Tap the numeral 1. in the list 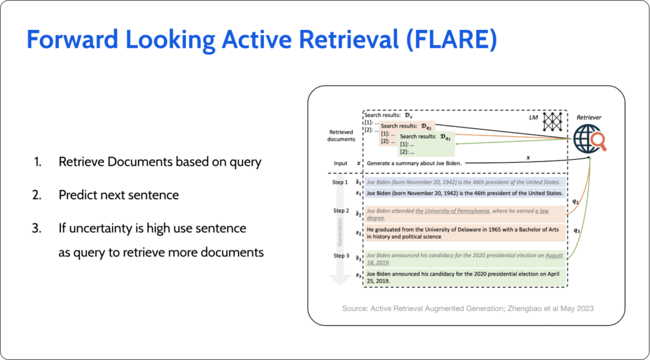[x=39, y=162]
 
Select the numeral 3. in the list [x=39, y=227]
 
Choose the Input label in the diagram [x=341, y=163]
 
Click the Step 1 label [x=341, y=182]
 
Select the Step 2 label [x=341, y=211]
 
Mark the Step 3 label [x=341, y=255]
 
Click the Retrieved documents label [x=342, y=135]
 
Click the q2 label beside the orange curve [x=575, y=201]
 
